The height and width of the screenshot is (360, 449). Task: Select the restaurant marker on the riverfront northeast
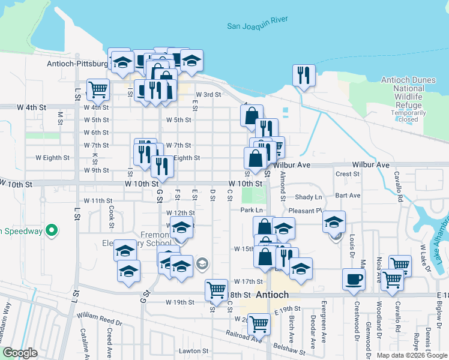tap(304, 75)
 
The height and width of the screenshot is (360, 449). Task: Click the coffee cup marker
tap(354, 279)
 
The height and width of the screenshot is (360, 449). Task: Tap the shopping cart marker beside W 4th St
tap(97, 89)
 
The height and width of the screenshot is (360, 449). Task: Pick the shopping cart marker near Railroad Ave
tap(259, 324)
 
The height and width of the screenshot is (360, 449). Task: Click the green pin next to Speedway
tap(52, 230)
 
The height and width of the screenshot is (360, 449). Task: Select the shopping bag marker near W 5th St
tap(252, 114)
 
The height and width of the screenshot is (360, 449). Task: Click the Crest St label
tap(348, 174)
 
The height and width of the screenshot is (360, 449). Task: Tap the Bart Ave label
tap(348, 196)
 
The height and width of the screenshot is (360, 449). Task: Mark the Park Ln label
tap(252, 210)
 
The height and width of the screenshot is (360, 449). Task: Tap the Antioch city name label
tap(273, 295)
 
